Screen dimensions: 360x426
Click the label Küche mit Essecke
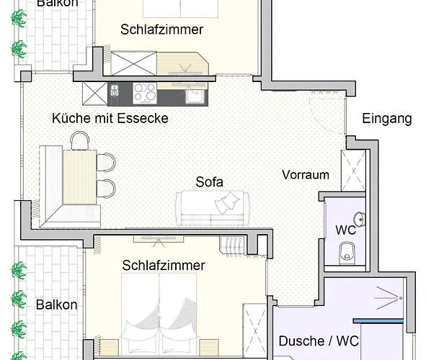click(x=110, y=117)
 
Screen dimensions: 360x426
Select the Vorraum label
click(x=306, y=174)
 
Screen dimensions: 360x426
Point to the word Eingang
click(x=386, y=119)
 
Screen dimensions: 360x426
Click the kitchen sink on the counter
click(x=193, y=94)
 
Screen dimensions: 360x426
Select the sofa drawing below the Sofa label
click(x=213, y=207)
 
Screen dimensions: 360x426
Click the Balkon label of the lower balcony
click(x=56, y=304)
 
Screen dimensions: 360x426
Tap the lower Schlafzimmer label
click(x=164, y=265)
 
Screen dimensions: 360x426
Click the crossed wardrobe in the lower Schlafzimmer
click(x=254, y=328)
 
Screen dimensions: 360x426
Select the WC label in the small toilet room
click(x=346, y=231)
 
